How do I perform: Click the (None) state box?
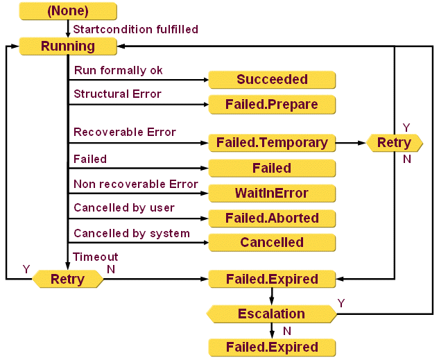67,11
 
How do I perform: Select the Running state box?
67,46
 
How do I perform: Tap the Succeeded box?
272,80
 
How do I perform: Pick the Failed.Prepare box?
272,105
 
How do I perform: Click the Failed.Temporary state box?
272,143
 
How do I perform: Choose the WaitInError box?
272,193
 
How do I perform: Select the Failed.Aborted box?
272,218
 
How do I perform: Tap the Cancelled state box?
272,243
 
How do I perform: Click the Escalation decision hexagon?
272,314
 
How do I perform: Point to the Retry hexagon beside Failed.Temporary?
394,143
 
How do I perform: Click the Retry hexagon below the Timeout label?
67,280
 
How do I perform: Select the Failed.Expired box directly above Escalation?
272,280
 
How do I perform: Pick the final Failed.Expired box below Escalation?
272,347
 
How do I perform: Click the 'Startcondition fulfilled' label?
136,30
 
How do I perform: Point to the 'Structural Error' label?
117,94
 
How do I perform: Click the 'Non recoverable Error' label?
136,184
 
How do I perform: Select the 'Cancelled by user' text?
124,208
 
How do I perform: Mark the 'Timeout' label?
96,257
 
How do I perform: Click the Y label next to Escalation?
341,304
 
